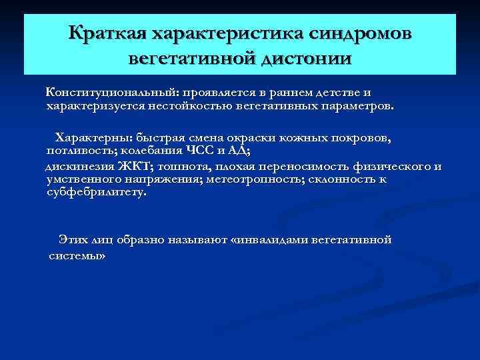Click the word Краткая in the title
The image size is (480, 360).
tap(107, 33)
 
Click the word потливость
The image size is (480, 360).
tap(74, 150)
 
